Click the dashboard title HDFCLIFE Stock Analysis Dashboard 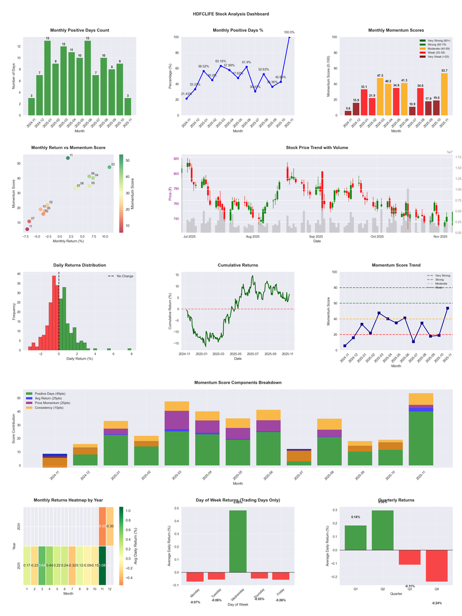[x=231, y=14]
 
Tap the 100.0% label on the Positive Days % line [x=289, y=32]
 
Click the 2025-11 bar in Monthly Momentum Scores [x=444, y=94]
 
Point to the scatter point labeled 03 [x=109, y=167]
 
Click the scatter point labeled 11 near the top [x=68, y=158]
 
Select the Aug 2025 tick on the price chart [x=252, y=237]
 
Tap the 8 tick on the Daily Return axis [x=131, y=354]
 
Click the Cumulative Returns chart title [x=238, y=265]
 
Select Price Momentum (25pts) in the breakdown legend [x=54, y=403]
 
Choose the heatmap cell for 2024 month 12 [x=110, y=526]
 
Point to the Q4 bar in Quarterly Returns [x=436, y=566]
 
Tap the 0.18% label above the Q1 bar [x=356, y=517]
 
